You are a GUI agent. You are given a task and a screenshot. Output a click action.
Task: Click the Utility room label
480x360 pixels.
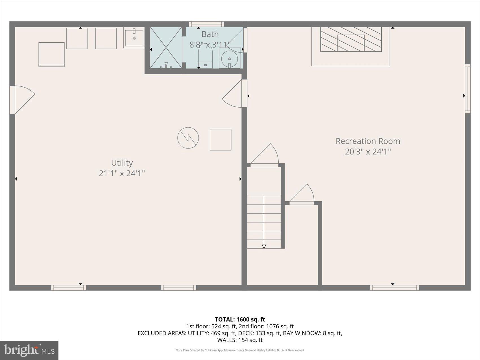click(x=122, y=163)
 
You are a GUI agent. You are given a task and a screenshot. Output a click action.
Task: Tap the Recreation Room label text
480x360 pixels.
click(x=368, y=141)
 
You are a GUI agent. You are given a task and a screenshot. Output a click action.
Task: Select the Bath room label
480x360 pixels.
click(x=210, y=34)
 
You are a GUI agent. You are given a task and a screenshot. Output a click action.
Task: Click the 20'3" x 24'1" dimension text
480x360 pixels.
click(x=368, y=152)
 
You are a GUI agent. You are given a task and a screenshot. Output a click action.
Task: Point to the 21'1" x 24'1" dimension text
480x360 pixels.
click(x=122, y=173)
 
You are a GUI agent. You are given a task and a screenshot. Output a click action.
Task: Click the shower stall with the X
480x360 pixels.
click(x=166, y=47)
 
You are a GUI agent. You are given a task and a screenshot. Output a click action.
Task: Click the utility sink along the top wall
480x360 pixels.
click(x=134, y=38)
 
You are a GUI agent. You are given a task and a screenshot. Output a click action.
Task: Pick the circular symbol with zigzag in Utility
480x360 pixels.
click(x=188, y=138)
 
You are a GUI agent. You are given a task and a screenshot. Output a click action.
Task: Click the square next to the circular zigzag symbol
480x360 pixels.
click(x=221, y=139)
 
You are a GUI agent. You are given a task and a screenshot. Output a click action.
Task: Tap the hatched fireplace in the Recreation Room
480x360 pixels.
click(x=351, y=39)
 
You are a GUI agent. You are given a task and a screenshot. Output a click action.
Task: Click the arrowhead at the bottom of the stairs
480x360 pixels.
click(x=264, y=246)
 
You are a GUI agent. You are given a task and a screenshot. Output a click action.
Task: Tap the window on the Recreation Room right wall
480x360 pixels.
click(x=468, y=89)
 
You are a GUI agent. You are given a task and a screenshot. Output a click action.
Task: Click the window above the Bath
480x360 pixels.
click(x=206, y=24)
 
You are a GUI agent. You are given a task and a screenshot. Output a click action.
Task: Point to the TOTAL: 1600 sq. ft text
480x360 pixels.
click(x=240, y=319)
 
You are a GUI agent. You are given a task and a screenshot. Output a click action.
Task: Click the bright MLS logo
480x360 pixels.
click(x=29, y=350)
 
